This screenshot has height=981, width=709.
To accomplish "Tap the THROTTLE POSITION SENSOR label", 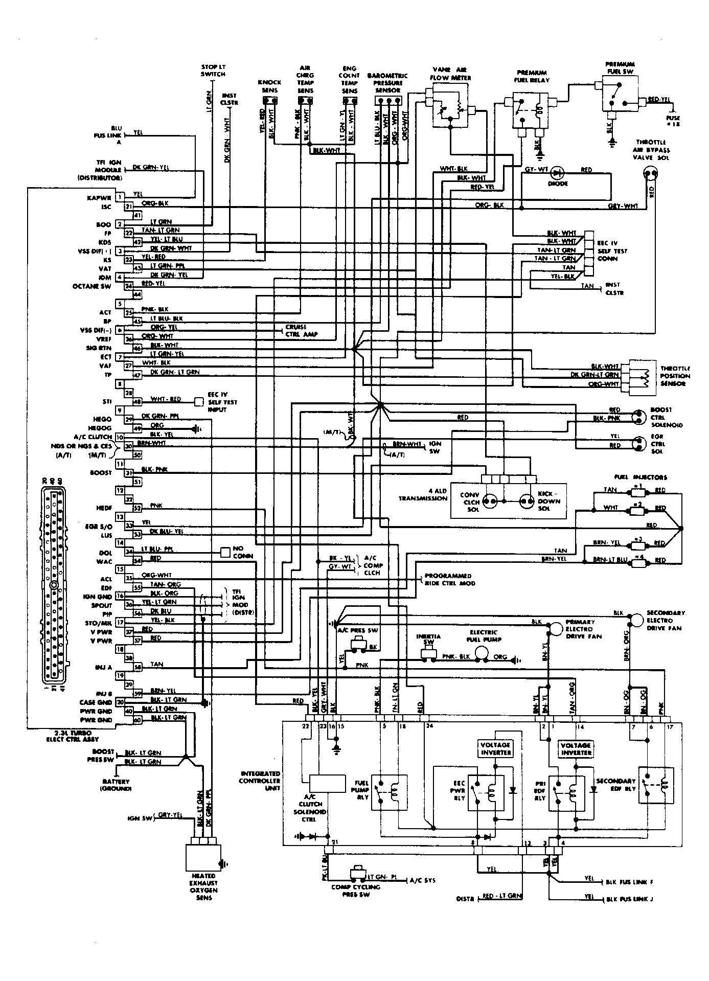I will coord(675,376).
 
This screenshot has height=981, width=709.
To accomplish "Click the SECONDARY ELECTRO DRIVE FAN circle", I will coord(636,619).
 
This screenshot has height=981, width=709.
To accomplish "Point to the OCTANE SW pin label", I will coord(92,286).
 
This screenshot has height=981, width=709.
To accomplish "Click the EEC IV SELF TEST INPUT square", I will coord(199,402).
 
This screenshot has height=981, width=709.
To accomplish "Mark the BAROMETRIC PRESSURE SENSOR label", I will coord(387,82).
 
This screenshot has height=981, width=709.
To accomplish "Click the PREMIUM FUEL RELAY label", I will coord(532,76).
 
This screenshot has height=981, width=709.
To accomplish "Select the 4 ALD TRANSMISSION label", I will coord(423,494).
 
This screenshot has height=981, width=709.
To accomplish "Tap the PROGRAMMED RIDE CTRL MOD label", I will coord(450,579).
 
